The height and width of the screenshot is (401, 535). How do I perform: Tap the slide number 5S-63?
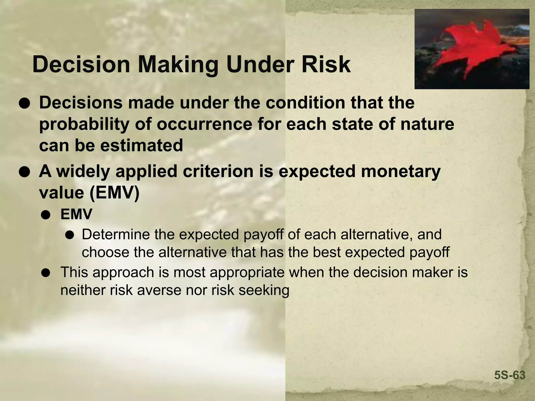(510, 375)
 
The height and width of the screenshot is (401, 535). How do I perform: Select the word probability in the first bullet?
(84, 125)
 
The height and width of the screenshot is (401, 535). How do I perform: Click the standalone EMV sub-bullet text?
(76, 215)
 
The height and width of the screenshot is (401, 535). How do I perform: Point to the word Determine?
(115, 234)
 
